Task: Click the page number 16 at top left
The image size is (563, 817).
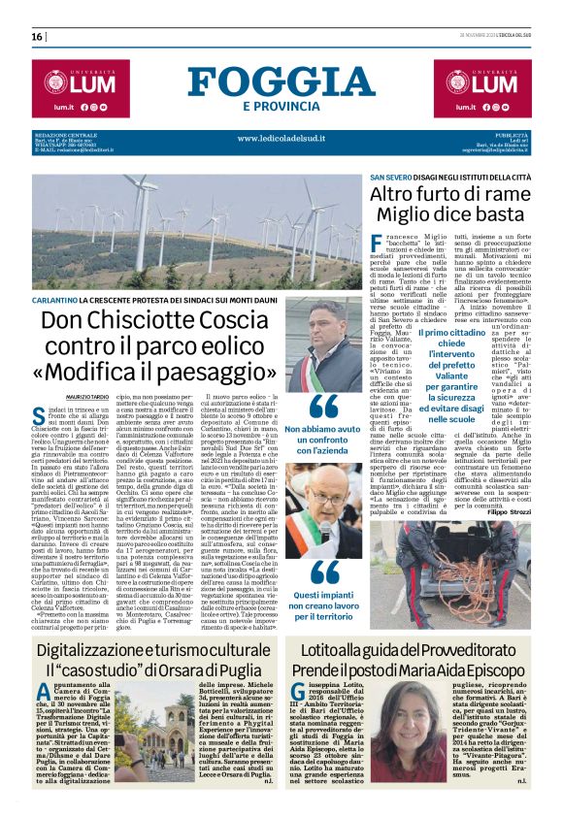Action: [x=37, y=37]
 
